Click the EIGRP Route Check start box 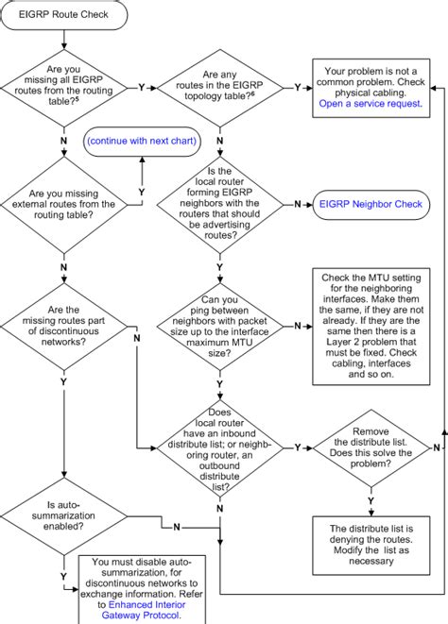pyautogui.click(x=64, y=16)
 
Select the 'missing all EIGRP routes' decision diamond pyautogui.click(x=63, y=86)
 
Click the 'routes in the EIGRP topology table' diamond pyautogui.click(x=219, y=86)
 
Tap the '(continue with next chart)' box pyautogui.click(x=143, y=140)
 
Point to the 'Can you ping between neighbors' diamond pyautogui.click(x=219, y=326)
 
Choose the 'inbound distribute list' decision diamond pyautogui.click(x=219, y=447)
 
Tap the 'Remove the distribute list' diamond pyautogui.click(x=370, y=447)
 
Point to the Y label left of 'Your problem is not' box pyautogui.click(x=298, y=86)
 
